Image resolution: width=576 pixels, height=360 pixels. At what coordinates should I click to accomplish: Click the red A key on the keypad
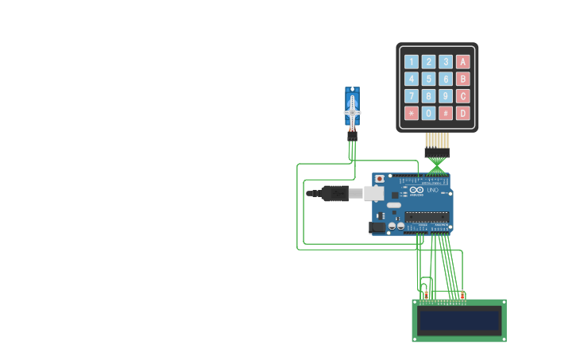point(463,61)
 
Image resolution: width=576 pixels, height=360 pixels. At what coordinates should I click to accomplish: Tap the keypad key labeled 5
point(428,79)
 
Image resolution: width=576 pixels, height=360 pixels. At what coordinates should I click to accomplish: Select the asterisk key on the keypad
point(411,113)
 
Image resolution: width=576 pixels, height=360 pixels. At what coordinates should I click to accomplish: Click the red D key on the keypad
point(463,113)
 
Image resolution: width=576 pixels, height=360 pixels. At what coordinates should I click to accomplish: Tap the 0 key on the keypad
point(428,113)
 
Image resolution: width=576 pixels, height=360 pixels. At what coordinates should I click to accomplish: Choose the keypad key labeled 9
point(446,96)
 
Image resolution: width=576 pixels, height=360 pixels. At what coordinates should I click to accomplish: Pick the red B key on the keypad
point(463,79)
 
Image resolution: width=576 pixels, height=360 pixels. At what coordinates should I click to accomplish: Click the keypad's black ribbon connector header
point(437,152)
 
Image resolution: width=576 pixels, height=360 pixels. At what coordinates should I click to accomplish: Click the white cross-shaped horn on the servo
point(352,113)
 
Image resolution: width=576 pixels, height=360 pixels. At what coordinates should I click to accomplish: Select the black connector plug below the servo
point(352,136)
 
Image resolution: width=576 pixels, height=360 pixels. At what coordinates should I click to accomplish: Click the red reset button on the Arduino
point(380,179)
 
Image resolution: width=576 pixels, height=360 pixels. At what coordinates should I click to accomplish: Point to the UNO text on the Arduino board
point(433,190)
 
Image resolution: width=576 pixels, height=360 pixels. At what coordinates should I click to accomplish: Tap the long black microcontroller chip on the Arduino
point(427,216)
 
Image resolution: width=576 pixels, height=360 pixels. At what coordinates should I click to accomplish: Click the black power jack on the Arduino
point(377,227)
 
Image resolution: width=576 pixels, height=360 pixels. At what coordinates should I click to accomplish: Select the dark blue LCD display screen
point(459,320)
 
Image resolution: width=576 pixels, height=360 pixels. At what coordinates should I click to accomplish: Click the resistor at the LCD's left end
point(426,296)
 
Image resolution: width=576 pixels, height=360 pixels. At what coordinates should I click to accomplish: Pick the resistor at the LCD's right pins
point(462,296)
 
